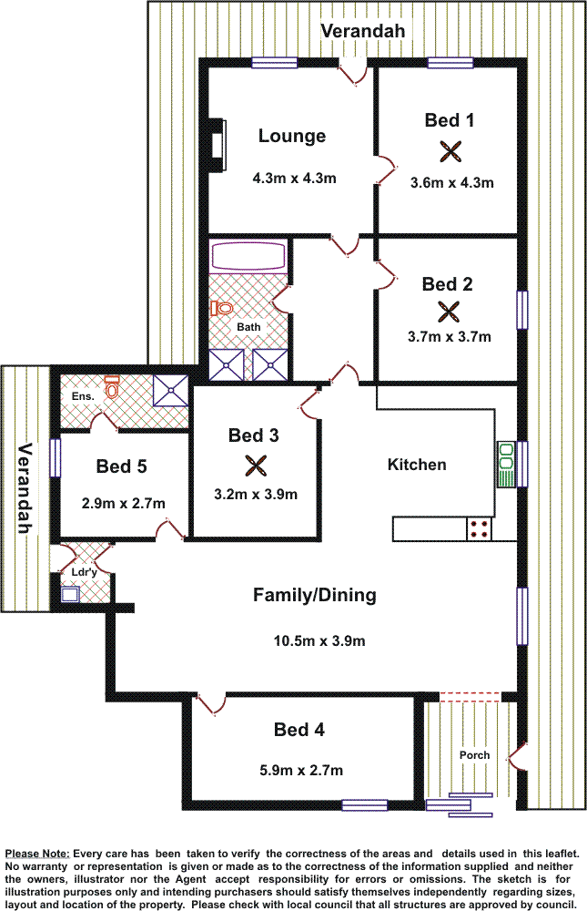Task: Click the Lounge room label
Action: (x=292, y=136)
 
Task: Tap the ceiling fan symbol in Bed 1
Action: (x=450, y=151)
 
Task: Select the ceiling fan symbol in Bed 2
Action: (x=449, y=312)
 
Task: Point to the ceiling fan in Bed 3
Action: (x=255, y=465)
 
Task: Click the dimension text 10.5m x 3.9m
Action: (x=319, y=640)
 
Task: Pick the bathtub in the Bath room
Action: (x=248, y=256)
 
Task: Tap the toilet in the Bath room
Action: (x=221, y=307)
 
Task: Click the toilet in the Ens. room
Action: (x=111, y=386)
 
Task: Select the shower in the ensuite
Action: (x=171, y=391)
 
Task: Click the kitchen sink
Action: (x=506, y=465)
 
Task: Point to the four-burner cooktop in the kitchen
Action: (x=479, y=528)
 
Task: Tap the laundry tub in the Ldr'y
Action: (x=70, y=594)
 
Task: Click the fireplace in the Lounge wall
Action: (x=217, y=145)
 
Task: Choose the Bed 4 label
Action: (x=299, y=730)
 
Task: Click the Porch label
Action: (x=474, y=755)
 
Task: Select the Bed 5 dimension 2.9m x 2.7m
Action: (x=123, y=503)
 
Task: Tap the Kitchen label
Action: (x=417, y=465)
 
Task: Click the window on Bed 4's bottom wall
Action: (x=365, y=805)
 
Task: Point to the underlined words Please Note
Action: (x=37, y=854)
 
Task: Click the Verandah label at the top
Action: (x=363, y=31)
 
